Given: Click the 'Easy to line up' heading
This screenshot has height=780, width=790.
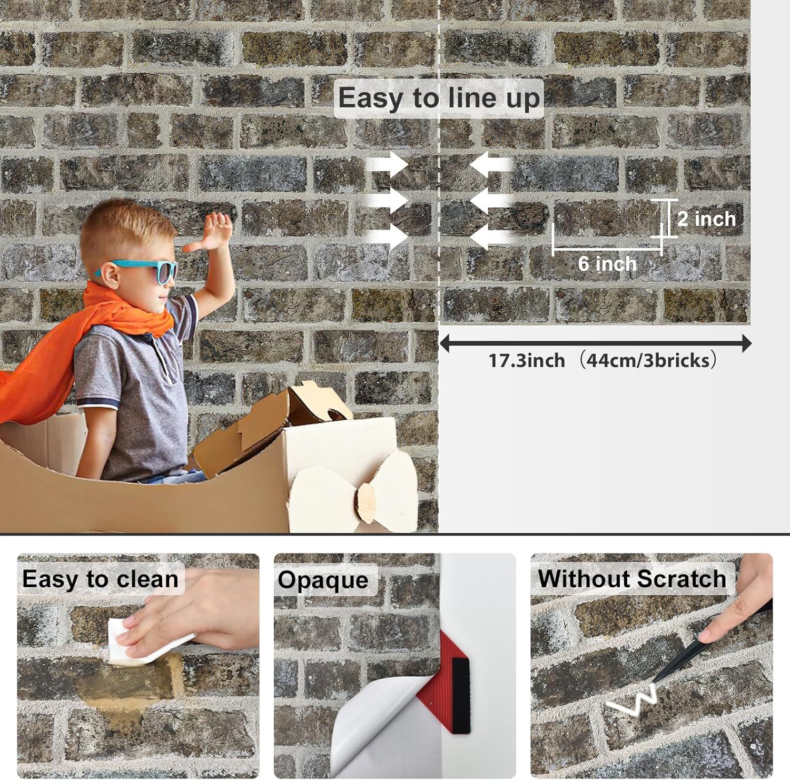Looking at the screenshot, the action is tap(439, 98).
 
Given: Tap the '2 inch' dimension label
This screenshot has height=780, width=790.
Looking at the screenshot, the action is tap(706, 219).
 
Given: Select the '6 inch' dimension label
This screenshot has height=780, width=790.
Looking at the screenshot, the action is tap(607, 263).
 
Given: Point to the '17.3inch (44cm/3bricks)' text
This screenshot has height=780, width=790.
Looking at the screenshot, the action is tap(603, 361).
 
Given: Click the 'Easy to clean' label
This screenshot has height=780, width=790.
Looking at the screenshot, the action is tap(100, 579).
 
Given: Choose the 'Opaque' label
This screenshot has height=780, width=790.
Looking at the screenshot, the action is tap(323, 580).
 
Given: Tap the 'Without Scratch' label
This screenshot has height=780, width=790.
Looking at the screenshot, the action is tap(632, 578).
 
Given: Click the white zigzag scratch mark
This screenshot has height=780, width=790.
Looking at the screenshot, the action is tap(632, 700).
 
